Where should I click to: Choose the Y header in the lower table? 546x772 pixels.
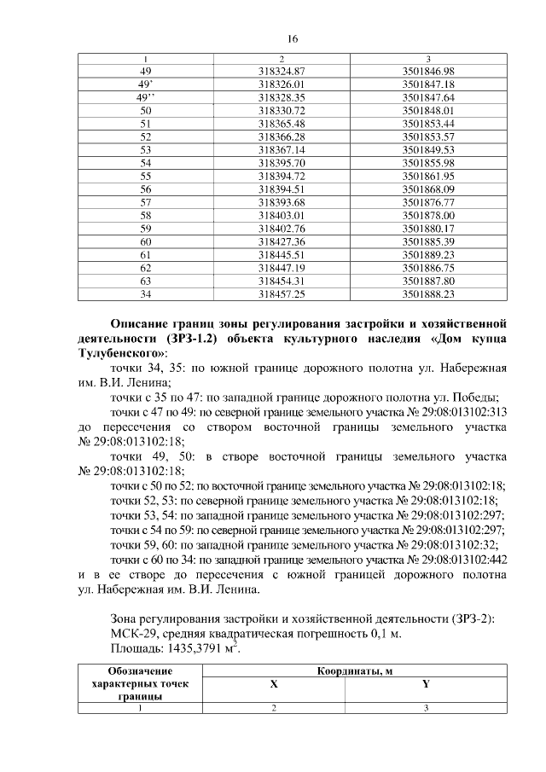[x=426, y=685]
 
